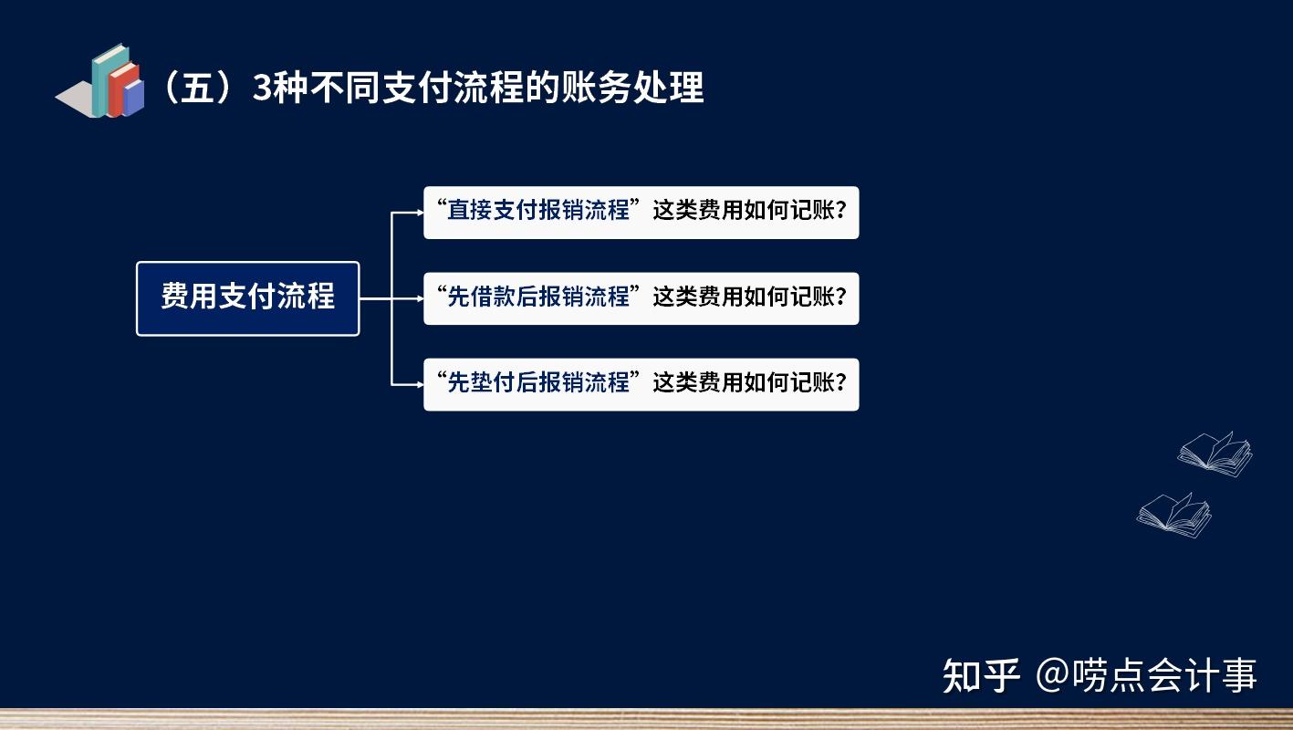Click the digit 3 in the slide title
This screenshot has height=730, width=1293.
[x=263, y=89]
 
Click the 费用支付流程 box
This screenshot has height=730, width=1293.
[x=247, y=297]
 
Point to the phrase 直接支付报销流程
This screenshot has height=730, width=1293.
[x=538, y=211]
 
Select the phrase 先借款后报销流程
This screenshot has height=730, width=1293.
[x=538, y=297]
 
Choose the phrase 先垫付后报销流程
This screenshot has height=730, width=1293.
[x=538, y=382]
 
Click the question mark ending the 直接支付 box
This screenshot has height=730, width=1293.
[x=840, y=211]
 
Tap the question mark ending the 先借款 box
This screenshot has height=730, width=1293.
[x=840, y=297]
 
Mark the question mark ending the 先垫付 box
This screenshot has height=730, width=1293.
[x=840, y=382]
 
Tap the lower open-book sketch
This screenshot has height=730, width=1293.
[x=1174, y=514]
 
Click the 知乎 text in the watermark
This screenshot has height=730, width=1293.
[x=981, y=676]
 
